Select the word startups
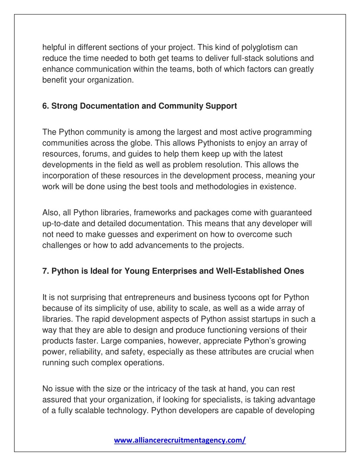point(271,319)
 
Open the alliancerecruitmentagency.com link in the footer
point(180,440)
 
